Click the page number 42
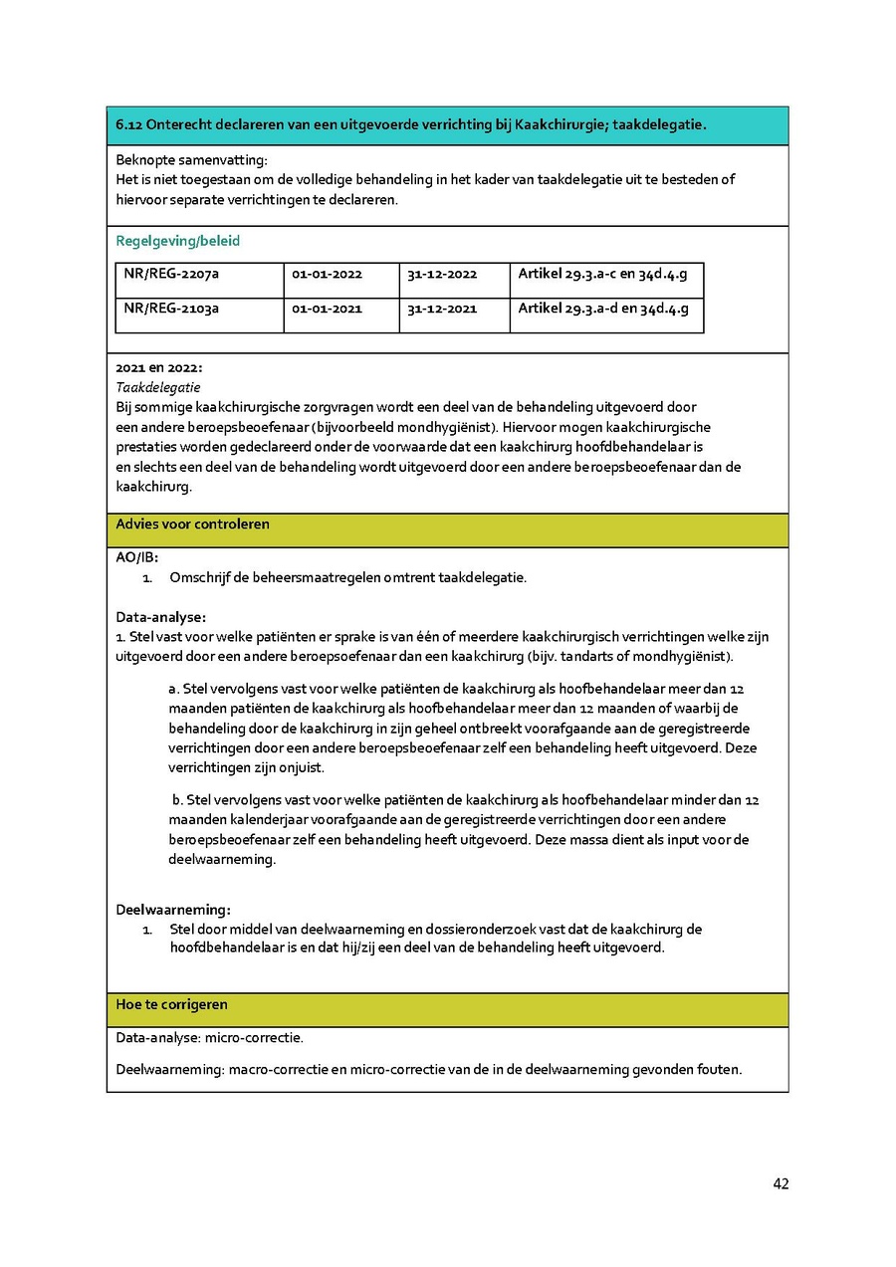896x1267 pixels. (781, 1184)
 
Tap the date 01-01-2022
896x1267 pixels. (327, 275)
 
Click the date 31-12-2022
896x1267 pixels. (442, 275)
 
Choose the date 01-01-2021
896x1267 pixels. (327, 309)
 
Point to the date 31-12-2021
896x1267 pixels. (442, 309)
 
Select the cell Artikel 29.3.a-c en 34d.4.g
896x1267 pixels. (602, 274)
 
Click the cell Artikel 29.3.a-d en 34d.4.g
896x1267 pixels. (603, 309)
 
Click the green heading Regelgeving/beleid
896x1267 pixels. (178, 241)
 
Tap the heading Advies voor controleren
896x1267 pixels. (192, 525)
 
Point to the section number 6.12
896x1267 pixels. (129, 125)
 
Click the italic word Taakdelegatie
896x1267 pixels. (158, 387)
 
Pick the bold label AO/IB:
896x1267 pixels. (136, 557)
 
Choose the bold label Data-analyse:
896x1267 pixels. (160, 617)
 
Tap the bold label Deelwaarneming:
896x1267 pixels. (173, 910)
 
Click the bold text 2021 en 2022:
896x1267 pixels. (158, 367)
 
